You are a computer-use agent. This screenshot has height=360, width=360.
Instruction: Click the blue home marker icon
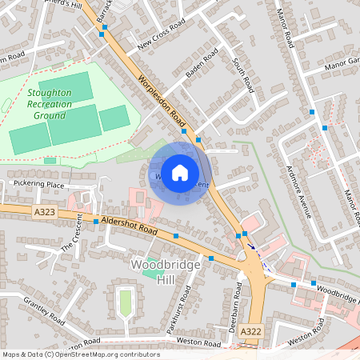pyautogui.click(x=180, y=172)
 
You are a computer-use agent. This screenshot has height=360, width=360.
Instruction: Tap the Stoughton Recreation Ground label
pyautogui.click(x=49, y=104)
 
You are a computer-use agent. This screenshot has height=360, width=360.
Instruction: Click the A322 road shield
pyautogui.click(x=250, y=331)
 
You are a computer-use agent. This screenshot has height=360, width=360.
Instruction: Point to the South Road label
pyautogui.click(x=242, y=73)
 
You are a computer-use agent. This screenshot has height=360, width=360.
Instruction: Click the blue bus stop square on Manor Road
pyautogui.click(x=325, y=128)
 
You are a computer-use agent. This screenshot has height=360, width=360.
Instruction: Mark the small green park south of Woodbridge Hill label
pyautogui.click(x=124, y=302)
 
